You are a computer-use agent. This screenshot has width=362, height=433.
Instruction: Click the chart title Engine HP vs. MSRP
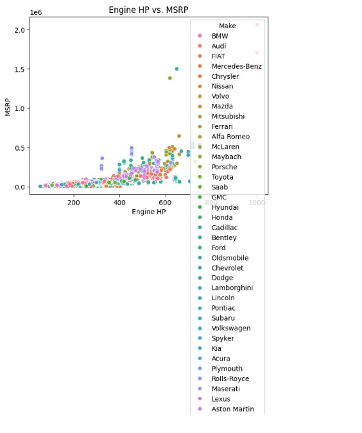pos(148,10)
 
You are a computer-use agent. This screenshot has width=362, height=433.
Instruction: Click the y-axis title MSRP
pos(8,106)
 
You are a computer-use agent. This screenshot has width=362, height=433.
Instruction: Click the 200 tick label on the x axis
pos(74,202)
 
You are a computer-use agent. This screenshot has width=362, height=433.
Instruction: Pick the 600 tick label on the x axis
pos(166,202)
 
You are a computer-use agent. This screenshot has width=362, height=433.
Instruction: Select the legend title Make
pos(227,26)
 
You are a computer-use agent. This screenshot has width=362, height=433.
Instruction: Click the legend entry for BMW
pos(220,36)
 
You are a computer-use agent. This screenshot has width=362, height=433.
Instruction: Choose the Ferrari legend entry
pos(222,126)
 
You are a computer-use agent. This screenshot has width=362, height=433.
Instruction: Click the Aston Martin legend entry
pos(232,409)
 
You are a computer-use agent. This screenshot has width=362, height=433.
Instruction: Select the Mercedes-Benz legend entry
pos(236,66)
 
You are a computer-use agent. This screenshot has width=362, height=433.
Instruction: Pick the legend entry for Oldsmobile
pos(228,258)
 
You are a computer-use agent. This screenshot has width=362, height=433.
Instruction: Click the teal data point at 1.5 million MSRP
pos(177,69)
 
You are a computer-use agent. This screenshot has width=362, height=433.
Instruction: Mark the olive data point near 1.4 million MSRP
pos(169,78)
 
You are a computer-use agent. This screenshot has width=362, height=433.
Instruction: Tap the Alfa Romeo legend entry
pos(229,137)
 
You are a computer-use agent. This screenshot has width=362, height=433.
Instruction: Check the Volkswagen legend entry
pos(230,328)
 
